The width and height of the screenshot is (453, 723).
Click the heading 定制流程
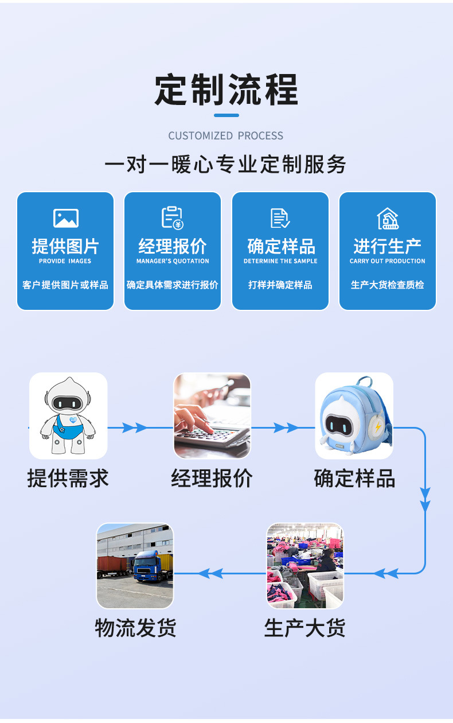tap(226, 90)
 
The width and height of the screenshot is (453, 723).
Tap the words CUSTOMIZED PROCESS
tap(226, 136)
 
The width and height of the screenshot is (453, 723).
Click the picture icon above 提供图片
tap(65, 218)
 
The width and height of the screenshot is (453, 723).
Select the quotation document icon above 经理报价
tap(172, 218)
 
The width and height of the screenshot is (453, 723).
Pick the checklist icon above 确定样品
tap(280, 218)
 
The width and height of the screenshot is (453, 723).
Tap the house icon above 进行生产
tap(388, 218)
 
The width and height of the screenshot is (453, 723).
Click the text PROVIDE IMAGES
tap(65, 261)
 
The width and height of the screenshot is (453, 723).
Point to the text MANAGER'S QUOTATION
tap(173, 261)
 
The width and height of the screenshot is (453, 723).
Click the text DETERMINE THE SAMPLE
tap(280, 261)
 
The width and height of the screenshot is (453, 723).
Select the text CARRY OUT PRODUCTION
tap(388, 261)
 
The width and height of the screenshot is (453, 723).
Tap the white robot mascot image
tap(68, 415)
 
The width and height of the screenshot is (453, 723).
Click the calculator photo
tap(212, 415)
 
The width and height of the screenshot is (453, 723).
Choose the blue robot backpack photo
tap(354, 415)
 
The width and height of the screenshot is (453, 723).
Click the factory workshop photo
tap(305, 566)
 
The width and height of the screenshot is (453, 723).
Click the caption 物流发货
tap(135, 628)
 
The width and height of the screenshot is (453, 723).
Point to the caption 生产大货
tap(304, 628)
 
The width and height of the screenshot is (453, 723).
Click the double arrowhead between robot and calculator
tap(135, 427)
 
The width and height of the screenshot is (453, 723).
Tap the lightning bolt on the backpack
tap(380, 427)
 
